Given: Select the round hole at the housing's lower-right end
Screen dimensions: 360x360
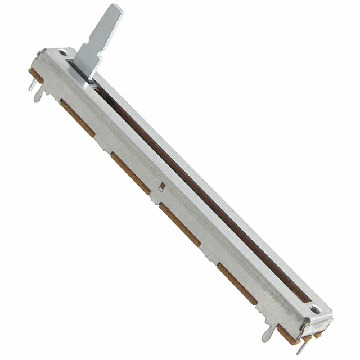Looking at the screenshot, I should tap(314, 309).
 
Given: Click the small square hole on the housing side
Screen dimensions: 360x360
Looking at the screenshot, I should tap(161, 184).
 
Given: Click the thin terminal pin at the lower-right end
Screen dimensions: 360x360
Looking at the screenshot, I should tap(298, 344).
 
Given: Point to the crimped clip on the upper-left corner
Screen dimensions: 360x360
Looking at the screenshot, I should tap(42, 54).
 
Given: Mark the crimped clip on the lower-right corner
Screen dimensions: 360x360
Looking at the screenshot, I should tap(305, 323).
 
